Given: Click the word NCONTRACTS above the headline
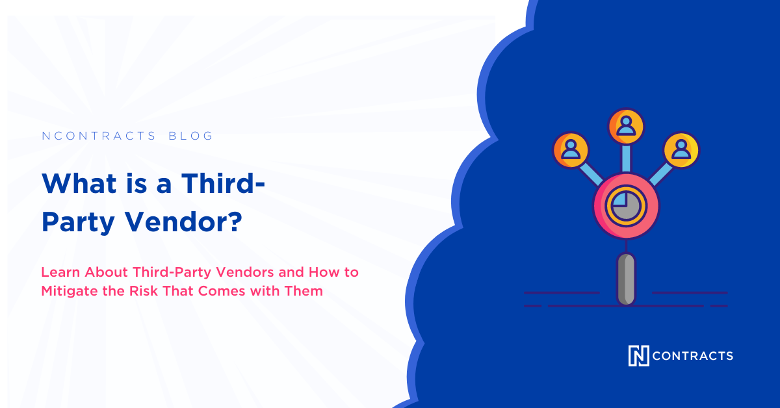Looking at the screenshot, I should [x=98, y=136].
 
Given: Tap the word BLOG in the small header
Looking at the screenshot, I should [x=190, y=136].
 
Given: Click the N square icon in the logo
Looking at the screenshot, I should [x=638, y=355].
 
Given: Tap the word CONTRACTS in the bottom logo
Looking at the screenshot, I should [x=692, y=356].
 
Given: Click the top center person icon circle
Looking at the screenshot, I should [x=626, y=126].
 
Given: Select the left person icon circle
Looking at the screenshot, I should [x=571, y=149].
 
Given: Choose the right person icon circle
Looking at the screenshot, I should [x=681, y=149].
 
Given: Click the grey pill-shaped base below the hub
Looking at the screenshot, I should [x=625, y=279].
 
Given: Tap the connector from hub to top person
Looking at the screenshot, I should [x=626, y=159].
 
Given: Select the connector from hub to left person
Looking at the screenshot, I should [x=592, y=173].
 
